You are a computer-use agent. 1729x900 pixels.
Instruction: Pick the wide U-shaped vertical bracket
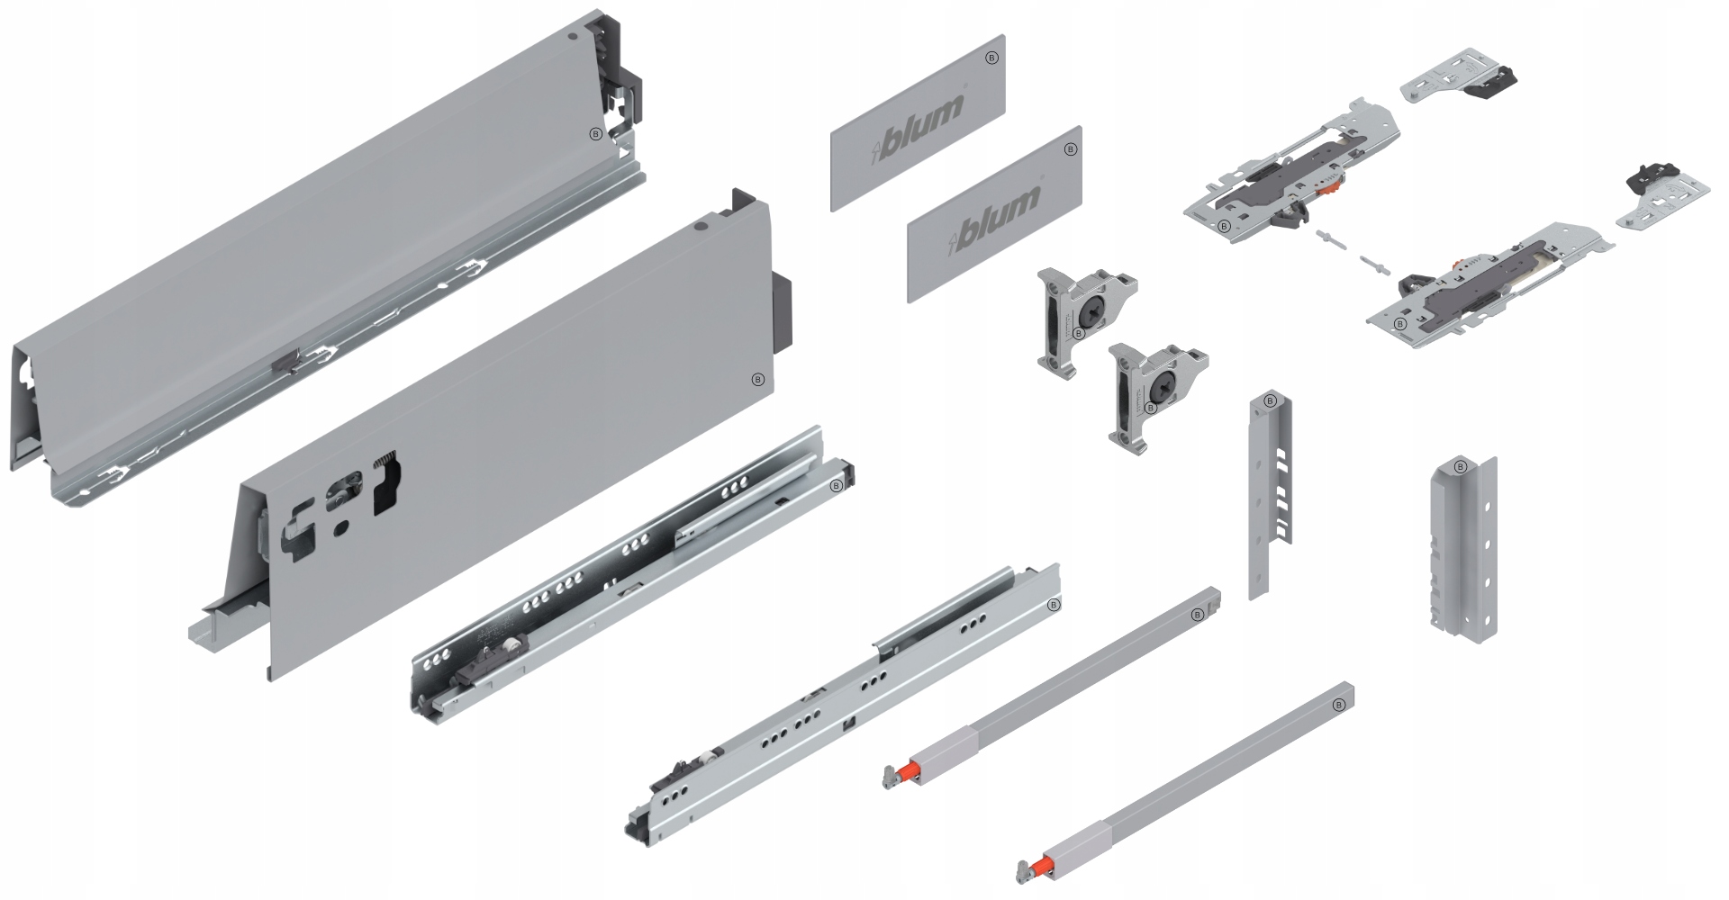(1462, 549)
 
